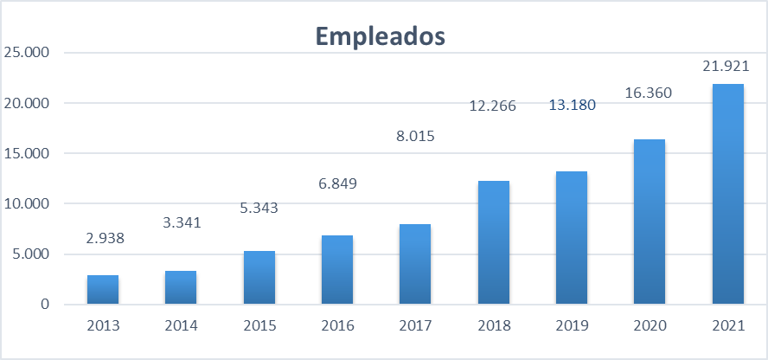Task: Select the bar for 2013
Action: [x=103, y=290]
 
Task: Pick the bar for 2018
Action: [x=493, y=243]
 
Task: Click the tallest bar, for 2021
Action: [x=727, y=195]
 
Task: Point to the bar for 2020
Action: [x=650, y=222]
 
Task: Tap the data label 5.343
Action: [x=259, y=208]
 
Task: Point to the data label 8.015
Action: [x=415, y=136]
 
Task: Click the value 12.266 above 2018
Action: [x=493, y=106]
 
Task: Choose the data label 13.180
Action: [x=572, y=106]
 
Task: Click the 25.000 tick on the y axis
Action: [x=27, y=53]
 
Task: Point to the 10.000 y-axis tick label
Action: [x=27, y=204]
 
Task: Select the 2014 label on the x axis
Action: [x=181, y=326]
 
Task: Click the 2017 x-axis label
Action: [x=415, y=326]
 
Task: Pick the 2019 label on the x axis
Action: [x=572, y=326]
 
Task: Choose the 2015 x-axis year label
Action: [x=259, y=326]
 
